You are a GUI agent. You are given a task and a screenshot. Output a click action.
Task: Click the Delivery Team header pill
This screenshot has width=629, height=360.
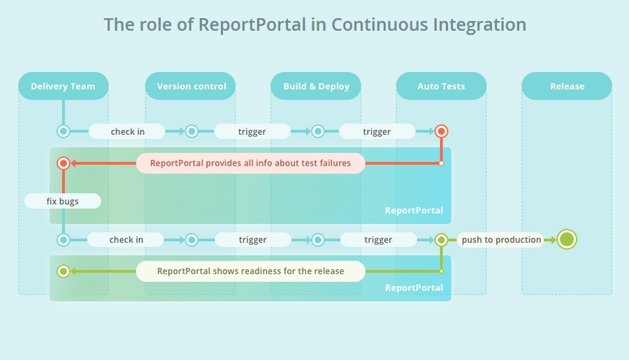point(64,86)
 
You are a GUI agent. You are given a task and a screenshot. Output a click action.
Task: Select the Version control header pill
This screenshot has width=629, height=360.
point(190,86)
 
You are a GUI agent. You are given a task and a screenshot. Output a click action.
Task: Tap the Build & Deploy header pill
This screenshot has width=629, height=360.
point(316,86)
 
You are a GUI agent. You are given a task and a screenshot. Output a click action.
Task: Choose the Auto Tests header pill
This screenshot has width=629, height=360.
point(441,86)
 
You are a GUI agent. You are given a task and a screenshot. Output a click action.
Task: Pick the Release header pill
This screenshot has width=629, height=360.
point(567,86)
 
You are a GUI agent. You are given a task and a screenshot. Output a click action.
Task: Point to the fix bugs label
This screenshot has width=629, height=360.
point(63,201)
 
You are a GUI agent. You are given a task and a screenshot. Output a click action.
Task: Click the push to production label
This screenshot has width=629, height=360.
point(500,240)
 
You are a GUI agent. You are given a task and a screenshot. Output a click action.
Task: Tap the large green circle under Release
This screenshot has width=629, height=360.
point(567,240)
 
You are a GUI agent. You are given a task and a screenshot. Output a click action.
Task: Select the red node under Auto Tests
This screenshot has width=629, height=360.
point(441,131)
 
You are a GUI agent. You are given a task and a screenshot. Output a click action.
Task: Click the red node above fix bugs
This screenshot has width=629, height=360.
point(64,164)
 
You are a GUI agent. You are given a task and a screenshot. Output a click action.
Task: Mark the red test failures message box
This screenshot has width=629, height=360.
point(250,164)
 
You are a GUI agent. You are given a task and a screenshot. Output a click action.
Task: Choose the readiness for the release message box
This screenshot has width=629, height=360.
point(250,271)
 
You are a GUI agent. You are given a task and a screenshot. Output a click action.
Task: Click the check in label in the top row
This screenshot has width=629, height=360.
point(126,131)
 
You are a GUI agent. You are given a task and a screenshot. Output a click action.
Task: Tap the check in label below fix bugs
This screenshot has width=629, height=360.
point(126,240)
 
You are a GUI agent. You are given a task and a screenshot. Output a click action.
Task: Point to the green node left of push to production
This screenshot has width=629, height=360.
point(441,240)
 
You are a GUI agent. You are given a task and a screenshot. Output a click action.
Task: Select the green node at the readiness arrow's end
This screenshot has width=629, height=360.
point(64,271)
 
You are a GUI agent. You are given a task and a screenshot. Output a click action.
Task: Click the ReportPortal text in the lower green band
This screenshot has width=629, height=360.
point(414,288)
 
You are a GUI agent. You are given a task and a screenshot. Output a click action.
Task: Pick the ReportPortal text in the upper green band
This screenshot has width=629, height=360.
point(414,210)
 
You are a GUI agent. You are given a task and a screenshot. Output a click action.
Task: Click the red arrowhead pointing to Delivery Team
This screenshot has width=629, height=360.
point(73,164)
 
